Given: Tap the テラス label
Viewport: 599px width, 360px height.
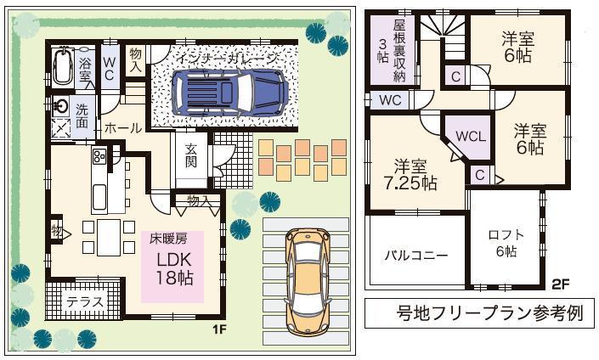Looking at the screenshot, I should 85,301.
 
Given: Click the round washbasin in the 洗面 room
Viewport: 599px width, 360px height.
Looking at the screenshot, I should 62,106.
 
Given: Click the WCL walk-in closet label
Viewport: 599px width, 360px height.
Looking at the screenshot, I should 471,136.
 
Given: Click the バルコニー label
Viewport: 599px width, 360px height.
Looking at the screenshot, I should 416,255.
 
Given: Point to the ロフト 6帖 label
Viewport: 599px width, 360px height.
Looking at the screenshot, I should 506,242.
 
